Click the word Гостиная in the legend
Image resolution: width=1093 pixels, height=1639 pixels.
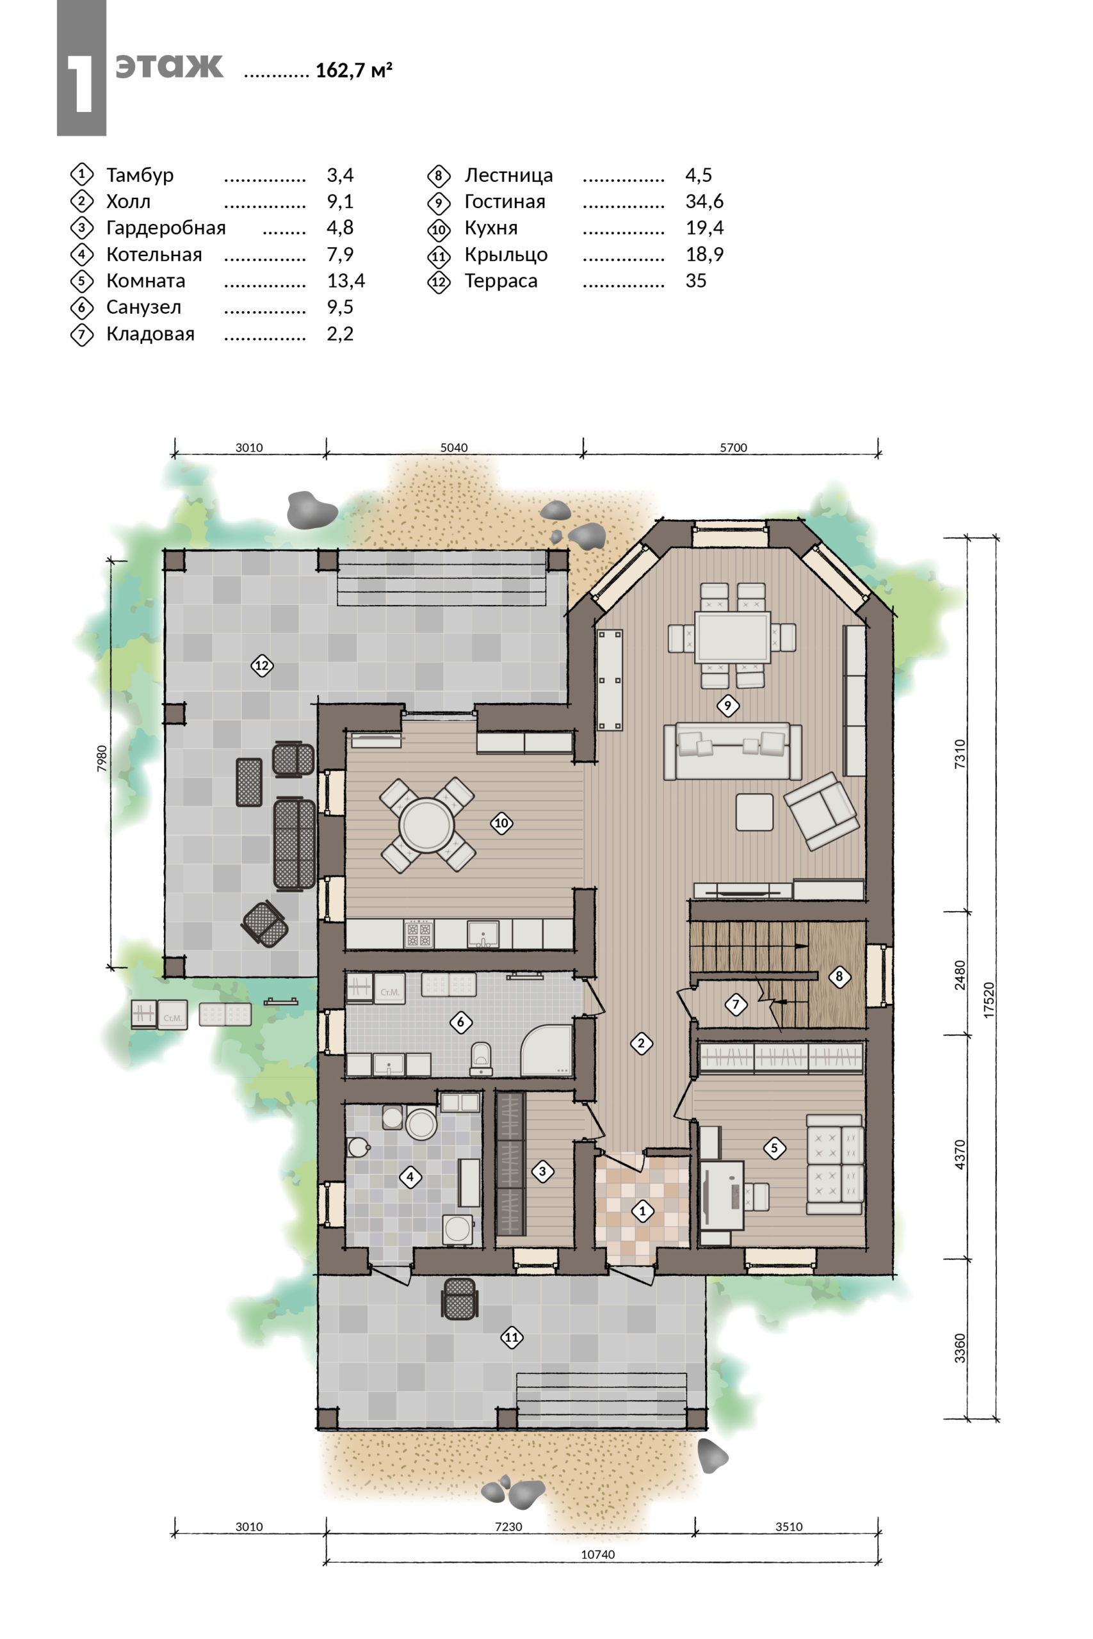click(505, 202)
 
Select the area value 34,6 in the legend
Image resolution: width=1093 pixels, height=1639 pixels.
click(704, 202)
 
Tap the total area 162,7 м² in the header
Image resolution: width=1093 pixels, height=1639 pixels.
click(354, 70)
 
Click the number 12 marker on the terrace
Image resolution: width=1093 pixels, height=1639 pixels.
click(261, 665)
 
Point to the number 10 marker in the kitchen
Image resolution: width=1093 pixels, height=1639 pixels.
click(501, 823)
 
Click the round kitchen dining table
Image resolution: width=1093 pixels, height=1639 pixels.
click(426, 825)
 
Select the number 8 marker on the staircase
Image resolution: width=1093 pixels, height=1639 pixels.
click(839, 976)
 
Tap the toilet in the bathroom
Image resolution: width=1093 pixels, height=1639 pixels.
click(481, 1058)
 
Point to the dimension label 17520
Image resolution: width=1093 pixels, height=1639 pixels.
click(989, 1000)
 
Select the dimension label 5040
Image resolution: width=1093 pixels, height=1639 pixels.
click(454, 448)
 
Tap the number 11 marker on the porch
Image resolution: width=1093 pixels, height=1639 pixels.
click(512, 1337)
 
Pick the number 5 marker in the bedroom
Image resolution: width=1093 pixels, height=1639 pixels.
click(773, 1148)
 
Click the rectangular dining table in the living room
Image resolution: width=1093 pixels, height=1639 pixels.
click(732, 637)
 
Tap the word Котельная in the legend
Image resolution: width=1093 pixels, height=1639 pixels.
click(154, 254)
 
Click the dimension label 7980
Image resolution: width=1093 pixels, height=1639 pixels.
click(102, 758)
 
